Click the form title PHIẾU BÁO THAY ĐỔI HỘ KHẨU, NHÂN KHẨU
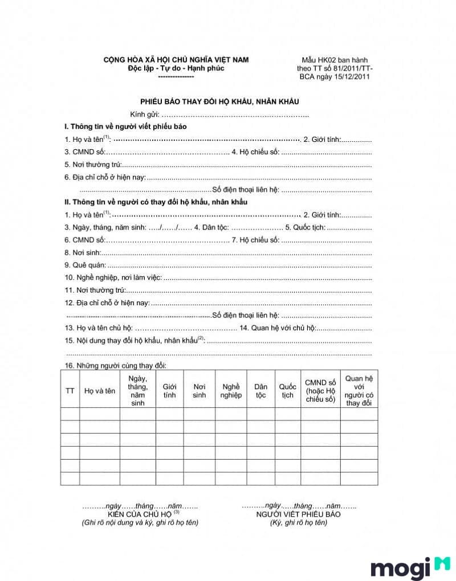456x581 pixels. pyautogui.click(x=220, y=101)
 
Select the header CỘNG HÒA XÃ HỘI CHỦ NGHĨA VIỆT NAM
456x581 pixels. pyautogui.click(x=176, y=60)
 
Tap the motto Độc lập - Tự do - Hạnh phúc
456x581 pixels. pyautogui.click(x=176, y=68)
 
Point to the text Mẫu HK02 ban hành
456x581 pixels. pyautogui.click(x=335, y=60)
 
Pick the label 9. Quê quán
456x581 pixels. pyautogui.click(x=85, y=265)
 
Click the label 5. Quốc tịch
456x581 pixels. pyautogui.click(x=305, y=227)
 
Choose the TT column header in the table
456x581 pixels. pyautogui.click(x=70, y=391)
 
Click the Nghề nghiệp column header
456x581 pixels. pyautogui.click(x=231, y=391)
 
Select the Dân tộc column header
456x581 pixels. pyautogui.click(x=260, y=391)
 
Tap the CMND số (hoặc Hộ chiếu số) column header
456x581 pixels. pyautogui.click(x=320, y=391)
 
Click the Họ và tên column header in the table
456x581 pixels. pyautogui.click(x=99, y=391)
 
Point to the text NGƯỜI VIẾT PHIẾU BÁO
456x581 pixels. pyautogui.click(x=298, y=514)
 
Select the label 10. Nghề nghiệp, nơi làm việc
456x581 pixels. pyautogui.click(x=113, y=277)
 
